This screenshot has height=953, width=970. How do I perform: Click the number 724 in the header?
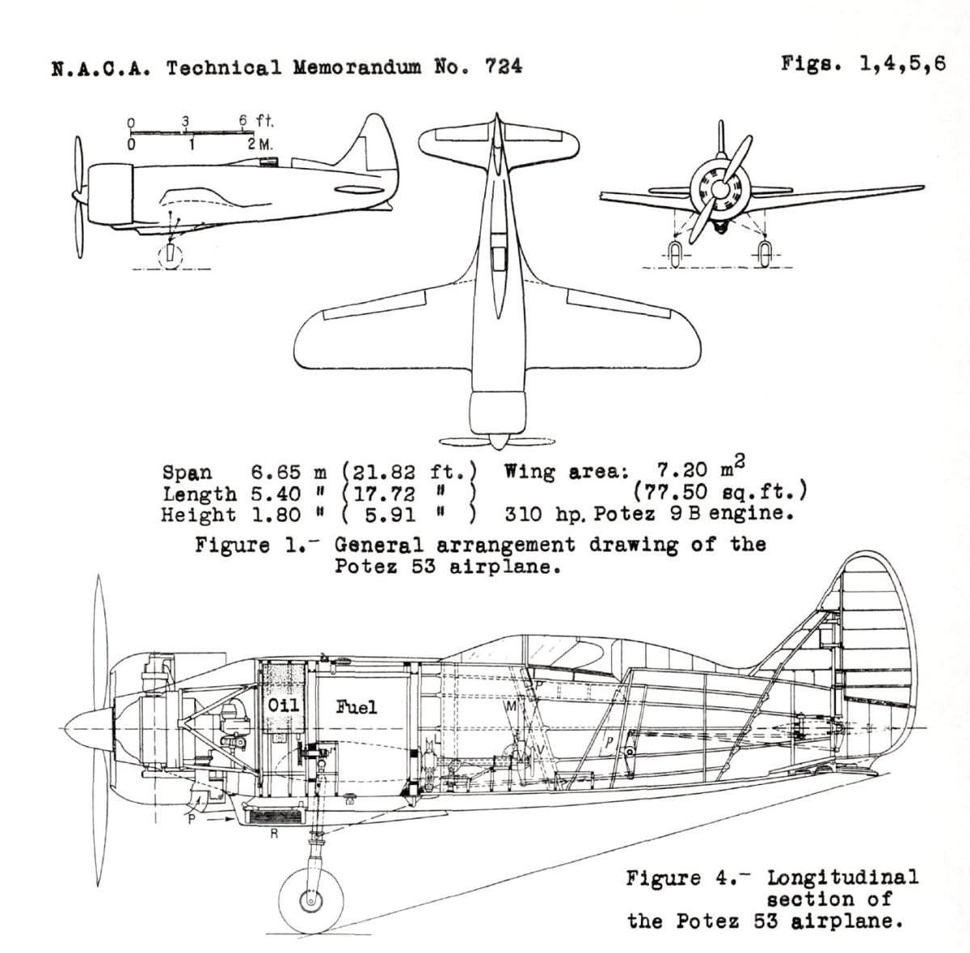(503, 67)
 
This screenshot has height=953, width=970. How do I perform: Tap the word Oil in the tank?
(283, 705)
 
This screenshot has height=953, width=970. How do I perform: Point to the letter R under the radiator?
(274, 833)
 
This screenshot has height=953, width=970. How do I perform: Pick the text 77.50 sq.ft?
(721, 491)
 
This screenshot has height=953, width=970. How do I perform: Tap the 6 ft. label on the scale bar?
(255, 121)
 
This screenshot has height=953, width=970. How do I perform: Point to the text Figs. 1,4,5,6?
(862, 65)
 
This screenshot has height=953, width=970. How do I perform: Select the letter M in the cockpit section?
(511, 706)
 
